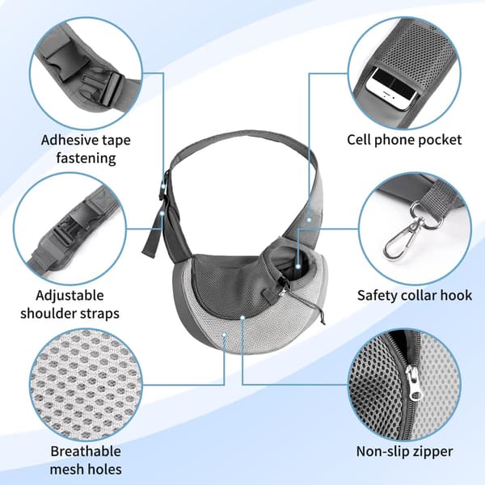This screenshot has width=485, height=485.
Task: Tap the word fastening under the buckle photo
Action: click(x=86, y=158)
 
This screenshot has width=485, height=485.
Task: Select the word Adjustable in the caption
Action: click(x=70, y=295)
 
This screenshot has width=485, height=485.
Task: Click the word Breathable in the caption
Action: click(x=86, y=451)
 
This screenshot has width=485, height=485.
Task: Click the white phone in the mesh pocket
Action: click(x=391, y=90)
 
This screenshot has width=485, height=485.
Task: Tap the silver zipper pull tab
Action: click(x=412, y=382)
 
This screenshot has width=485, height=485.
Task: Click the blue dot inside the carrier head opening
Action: click(x=297, y=266)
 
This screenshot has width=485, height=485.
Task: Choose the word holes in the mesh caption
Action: click(x=104, y=469)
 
